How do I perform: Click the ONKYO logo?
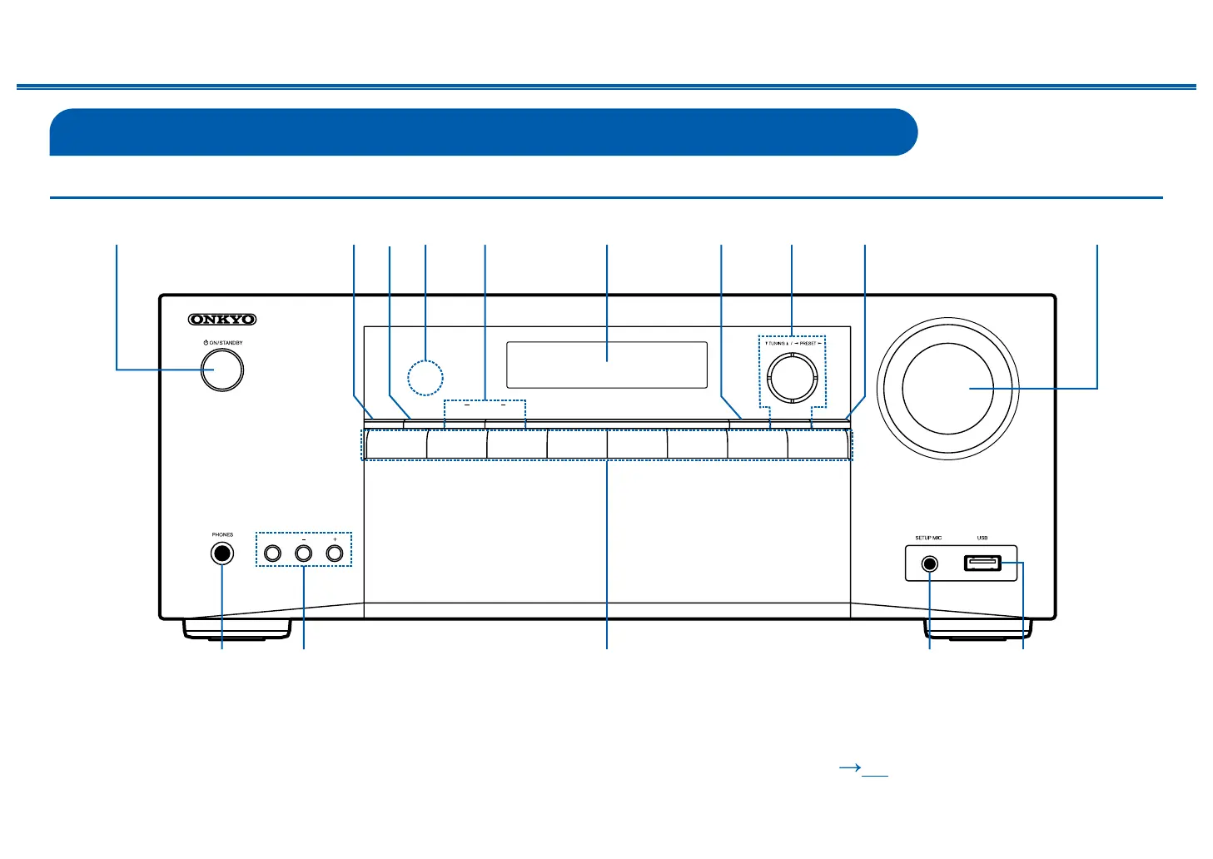tap(222, 320)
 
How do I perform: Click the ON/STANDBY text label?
tap(224, 343)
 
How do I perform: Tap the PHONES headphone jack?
tap(222, 554)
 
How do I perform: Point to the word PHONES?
tap(222, 534)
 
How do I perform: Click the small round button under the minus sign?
tap(304, 553)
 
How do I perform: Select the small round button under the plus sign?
tap(335, 553)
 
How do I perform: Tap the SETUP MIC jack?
tap(930, 564)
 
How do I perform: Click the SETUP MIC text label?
tap(928, 538)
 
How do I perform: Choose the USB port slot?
tap(982, 564)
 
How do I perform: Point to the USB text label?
tap(982, 538)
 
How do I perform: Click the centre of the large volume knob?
tap(947, 388)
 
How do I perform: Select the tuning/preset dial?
tap(792, 376)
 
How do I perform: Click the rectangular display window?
tap(607, 365)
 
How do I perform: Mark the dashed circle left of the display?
tap(425, 377)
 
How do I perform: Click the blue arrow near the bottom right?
tap(849, 768)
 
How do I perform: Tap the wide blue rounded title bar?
tap(483, 132)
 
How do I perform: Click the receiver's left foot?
tap(237, 628)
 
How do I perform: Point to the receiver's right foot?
tap(978, 628)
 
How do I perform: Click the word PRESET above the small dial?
tap(808, 343)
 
